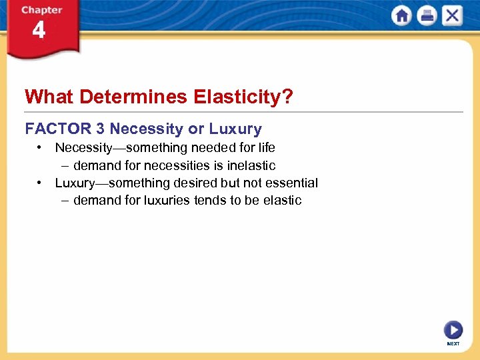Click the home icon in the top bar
pyautogui.click(x=402, y=16)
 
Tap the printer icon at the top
pyautogui.click(x=427, y=16)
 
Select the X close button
pyautogui.click(x=451, y=16)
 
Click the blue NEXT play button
pyautogui.click(x=453, y=330)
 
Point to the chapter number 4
pyautogui.click(x=39, y=31)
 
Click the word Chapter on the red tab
pyautogui.click(x=41, y=10)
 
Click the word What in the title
pyautogui.click(x=49, y=97)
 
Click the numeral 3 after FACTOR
pyautogui.click(x=99, y=129)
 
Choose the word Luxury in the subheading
pyautogui.click(x=235, y=129)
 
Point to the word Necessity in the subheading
pyautogui.click(x=145, y=129)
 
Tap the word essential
pyautogui.click(x=291, y=183)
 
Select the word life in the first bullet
pyautogui.click(x=266, y=147)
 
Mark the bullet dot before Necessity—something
pyautogui.click(x=41, y=147)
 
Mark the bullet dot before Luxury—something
pyautogui.click(x=41, y=182)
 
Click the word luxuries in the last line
pyautogui.click(x=167, y=200)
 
